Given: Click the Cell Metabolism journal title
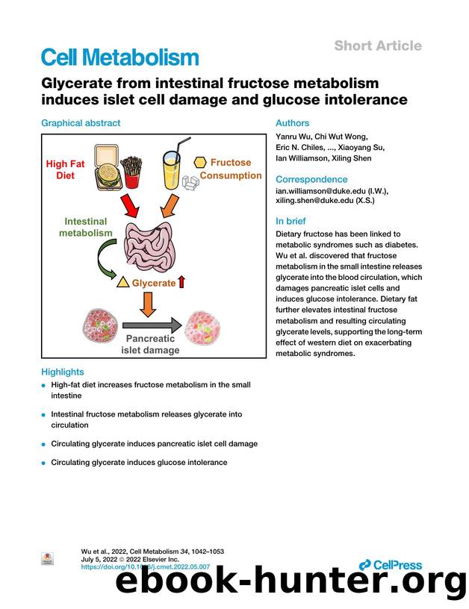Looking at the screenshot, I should point(119,57).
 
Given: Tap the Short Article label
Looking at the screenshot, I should point(377,46).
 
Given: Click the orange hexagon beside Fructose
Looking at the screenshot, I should point(200,162).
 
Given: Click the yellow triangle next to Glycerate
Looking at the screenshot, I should point(123,283).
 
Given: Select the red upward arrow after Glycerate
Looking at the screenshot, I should point(182,282).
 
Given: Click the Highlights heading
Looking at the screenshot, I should point(62,372).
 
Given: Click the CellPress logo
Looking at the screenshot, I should point(391,565).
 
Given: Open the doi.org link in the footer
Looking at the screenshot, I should point(145,567).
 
